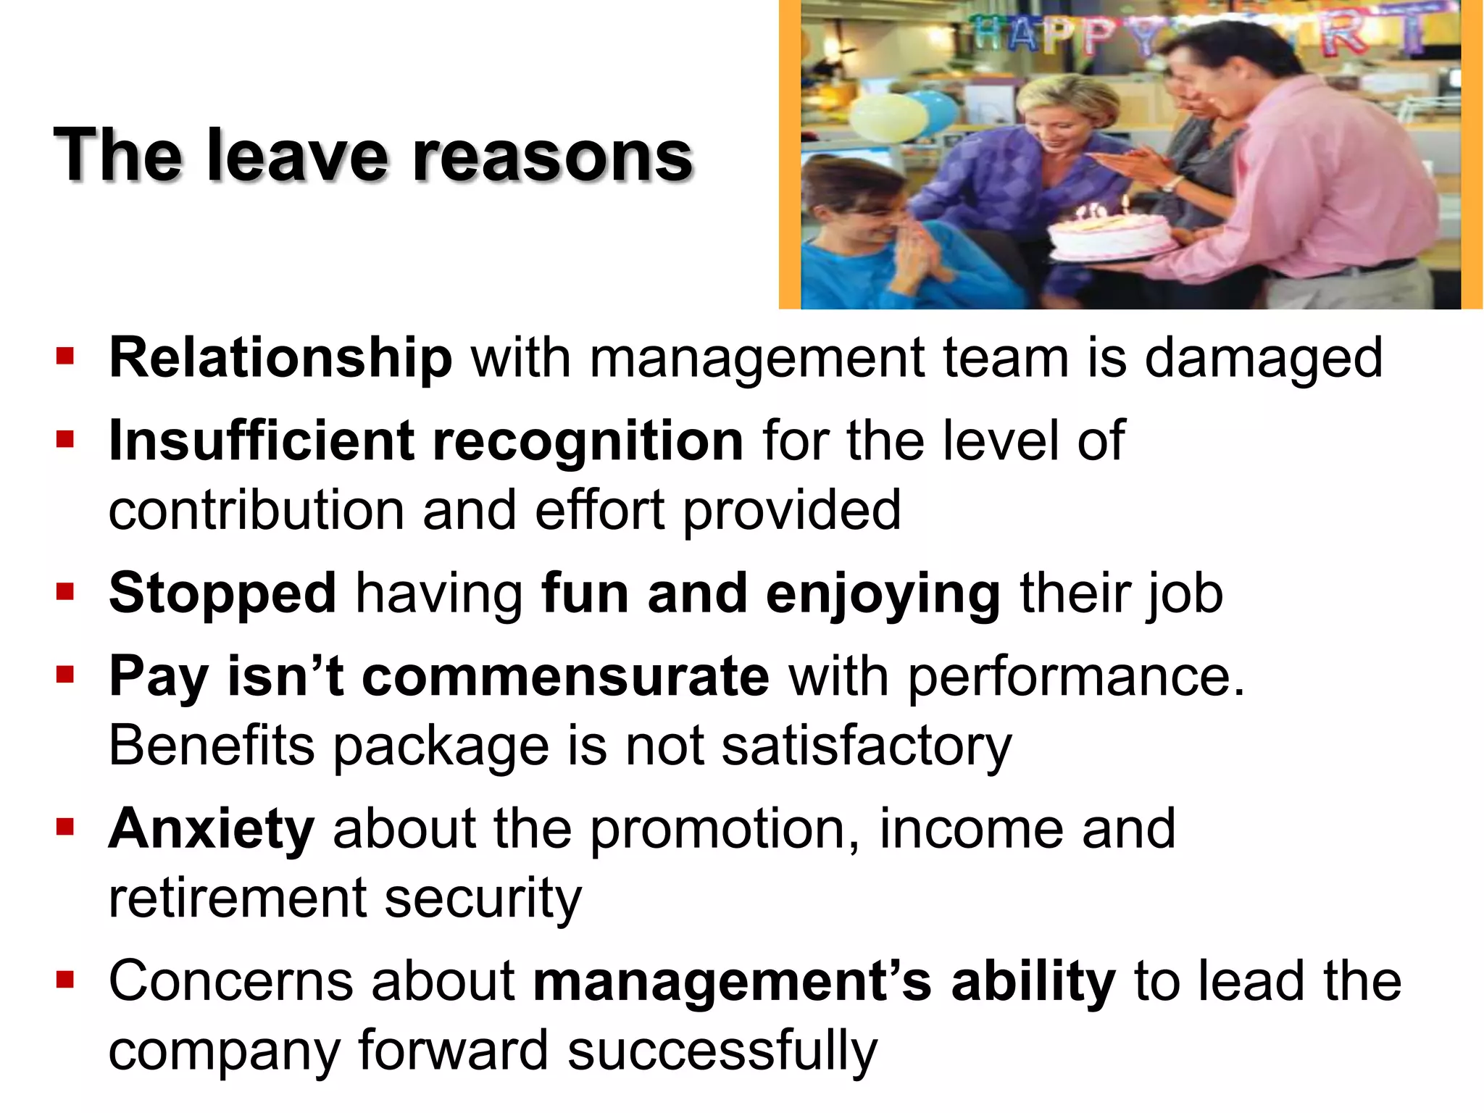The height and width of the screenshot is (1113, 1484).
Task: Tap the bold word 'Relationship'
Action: point(280,358)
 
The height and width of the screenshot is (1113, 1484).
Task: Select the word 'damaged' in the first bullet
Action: point(1263,358)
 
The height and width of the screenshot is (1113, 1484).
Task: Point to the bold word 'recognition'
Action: point(588,441)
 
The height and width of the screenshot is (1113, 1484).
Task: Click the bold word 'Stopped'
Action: point(222,593)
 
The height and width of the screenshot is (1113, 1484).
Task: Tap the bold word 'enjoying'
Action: point(883,593)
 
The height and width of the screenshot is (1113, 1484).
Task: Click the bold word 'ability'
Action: point(1033,982)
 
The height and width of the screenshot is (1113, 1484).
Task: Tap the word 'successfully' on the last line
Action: point(722,1051)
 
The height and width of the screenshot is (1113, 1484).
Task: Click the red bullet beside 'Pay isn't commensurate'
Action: point(65,675)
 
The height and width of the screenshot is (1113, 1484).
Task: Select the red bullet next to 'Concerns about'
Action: point(65,980)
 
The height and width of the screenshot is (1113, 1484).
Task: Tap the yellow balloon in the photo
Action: point(888,120)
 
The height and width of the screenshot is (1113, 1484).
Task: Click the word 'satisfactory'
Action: point(866,746)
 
